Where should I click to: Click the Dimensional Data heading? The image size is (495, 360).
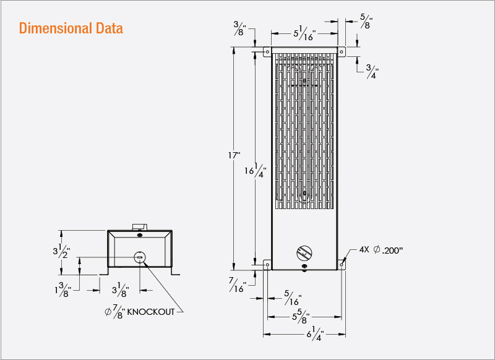click(x=71, y=28)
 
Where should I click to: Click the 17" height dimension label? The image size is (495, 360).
click(x=233, y=155)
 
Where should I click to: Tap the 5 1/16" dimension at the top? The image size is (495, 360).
click(x=304, y=34)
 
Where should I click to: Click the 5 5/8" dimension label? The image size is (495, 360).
click(x=301, y=317)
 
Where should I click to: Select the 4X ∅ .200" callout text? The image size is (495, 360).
click(x=381, y=251)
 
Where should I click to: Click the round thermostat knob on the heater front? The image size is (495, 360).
click(x=304, y=252)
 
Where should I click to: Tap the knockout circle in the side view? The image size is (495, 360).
click(x=140, y=257)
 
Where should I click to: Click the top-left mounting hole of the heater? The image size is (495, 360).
click(x=267, y=52)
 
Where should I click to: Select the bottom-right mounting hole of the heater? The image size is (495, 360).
click(x=342, y=265)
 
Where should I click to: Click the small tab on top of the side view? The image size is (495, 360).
click(x=139, y=226)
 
